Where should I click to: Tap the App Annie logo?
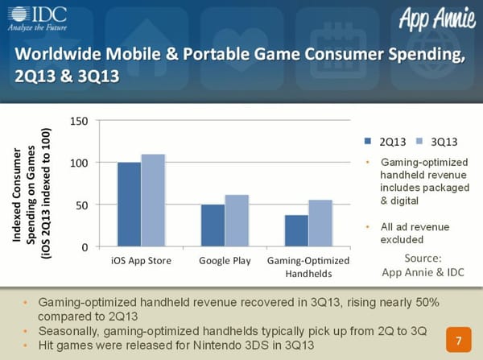coord(431,19)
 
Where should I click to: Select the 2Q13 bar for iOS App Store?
coord(129,205)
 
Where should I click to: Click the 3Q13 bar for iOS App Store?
coord(153,201)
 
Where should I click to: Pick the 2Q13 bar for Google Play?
coord(213,226)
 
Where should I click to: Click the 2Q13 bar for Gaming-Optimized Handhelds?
coord(296,230)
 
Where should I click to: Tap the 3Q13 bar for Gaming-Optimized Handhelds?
coord(320,223)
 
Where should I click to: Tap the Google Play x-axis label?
coord(225,260)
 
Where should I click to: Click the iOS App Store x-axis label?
coord(141,260)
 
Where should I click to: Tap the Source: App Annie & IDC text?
coord(423,265)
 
